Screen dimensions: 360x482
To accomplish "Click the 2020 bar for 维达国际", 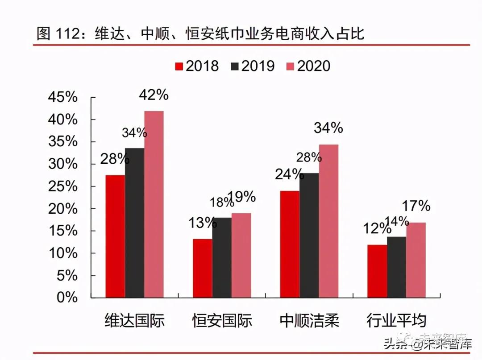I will (x=154, y=204).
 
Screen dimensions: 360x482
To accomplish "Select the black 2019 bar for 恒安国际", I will (x=222, y=257).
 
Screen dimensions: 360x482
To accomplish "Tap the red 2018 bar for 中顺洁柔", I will (x=290, y=244).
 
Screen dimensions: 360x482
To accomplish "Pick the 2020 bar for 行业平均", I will (x=416, y=260).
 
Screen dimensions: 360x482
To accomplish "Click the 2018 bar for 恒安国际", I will (x=203, y=268).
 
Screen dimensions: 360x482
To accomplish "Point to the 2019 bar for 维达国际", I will (x=134, y=223).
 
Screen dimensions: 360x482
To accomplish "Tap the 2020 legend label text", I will (x=313, y=66).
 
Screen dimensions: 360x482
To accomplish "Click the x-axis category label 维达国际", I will (x=134, y=321).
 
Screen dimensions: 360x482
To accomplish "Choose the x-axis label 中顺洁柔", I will (x=309, y=321).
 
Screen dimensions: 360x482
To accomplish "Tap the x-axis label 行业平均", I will (x=396, y=321).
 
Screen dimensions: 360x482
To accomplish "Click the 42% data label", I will (x=154, y=95).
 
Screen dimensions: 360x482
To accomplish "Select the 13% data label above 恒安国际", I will (x=202, y=223).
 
